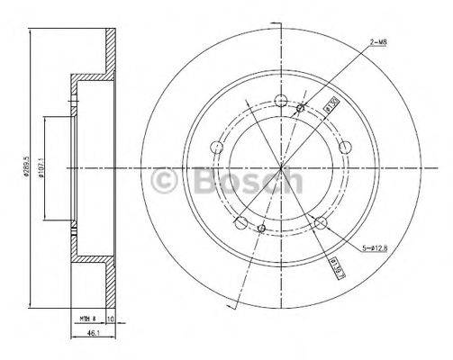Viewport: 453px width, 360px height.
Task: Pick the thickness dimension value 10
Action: [110, 319]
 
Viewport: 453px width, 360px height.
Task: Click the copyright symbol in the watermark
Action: [165, 183]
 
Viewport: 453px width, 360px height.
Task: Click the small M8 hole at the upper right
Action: [300, 110]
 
